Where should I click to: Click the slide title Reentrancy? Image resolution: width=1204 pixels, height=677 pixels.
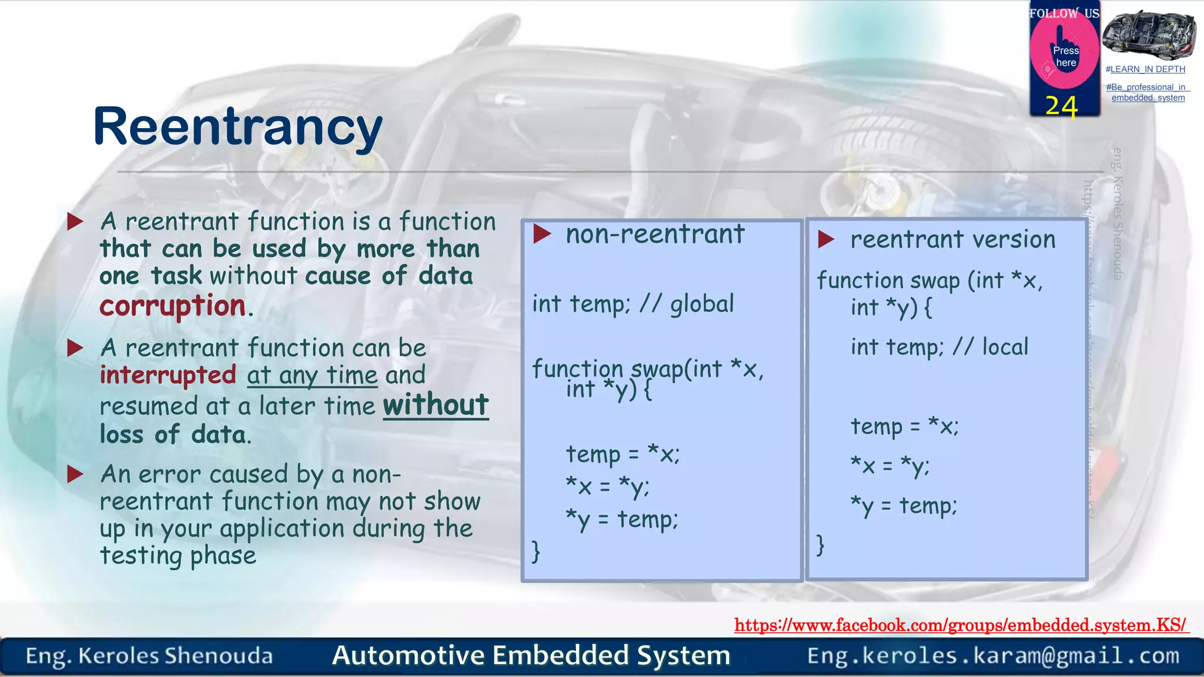pyautogui.click(x=238, y=128)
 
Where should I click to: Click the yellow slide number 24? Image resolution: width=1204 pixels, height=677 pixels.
pyautogui.click(x=1061, y=106)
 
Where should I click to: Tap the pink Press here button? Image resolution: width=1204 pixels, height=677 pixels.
pyautogui.click(x=1065, y=56)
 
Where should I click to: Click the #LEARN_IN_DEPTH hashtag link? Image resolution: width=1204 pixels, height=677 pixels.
pyautogui.click(x=1145, y=69)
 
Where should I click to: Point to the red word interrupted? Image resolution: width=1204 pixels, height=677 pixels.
pyautogui.click(x=168, y=375)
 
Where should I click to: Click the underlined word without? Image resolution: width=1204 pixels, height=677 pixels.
pyautogui.click(x=436, y=405)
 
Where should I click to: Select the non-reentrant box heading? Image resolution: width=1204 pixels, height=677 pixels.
pyautogui.click(x=654, y=234)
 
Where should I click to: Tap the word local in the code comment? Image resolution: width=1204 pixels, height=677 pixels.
pyautogui.click(x=1005, y=347)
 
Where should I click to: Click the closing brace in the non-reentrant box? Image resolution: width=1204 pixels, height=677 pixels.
pyautogui.click(x=536, y=551)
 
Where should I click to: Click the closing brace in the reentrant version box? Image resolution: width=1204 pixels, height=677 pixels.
pyautogui.click(x=821, y=545)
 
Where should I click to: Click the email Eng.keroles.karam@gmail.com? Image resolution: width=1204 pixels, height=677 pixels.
pyautogui.click(x=993, y=655)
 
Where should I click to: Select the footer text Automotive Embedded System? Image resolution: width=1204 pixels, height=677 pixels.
pyautogui.click(x=531, y=655)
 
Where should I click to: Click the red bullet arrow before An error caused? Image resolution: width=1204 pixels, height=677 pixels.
pyautogui.click(x=75, y=474)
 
